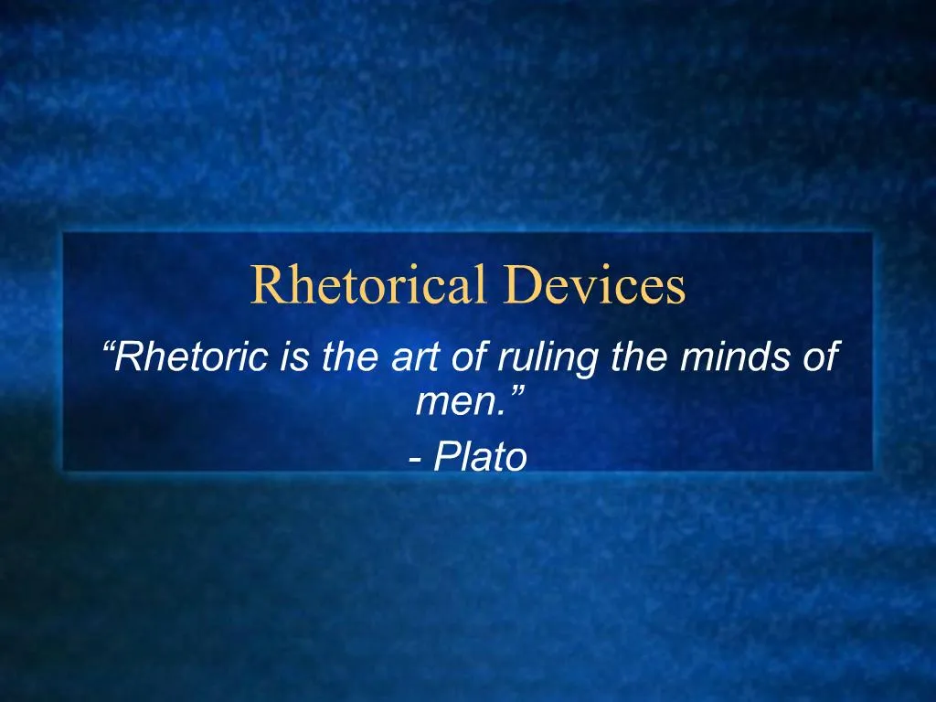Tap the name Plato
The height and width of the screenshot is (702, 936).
point(481,456)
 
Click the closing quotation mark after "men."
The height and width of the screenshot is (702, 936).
point(517,391)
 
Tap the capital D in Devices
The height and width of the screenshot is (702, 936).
point(516,285)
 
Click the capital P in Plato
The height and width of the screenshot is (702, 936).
point(447,456)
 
